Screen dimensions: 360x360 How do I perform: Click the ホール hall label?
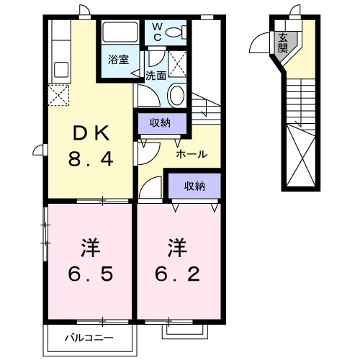(x=192, y=154)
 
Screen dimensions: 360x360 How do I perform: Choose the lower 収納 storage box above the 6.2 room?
(x=194, y=186)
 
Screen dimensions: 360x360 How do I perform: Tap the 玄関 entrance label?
(x=284, y=42)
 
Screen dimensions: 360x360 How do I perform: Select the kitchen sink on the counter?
(x=60, y=70)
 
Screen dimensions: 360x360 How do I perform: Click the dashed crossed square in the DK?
(x=58, y=95)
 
